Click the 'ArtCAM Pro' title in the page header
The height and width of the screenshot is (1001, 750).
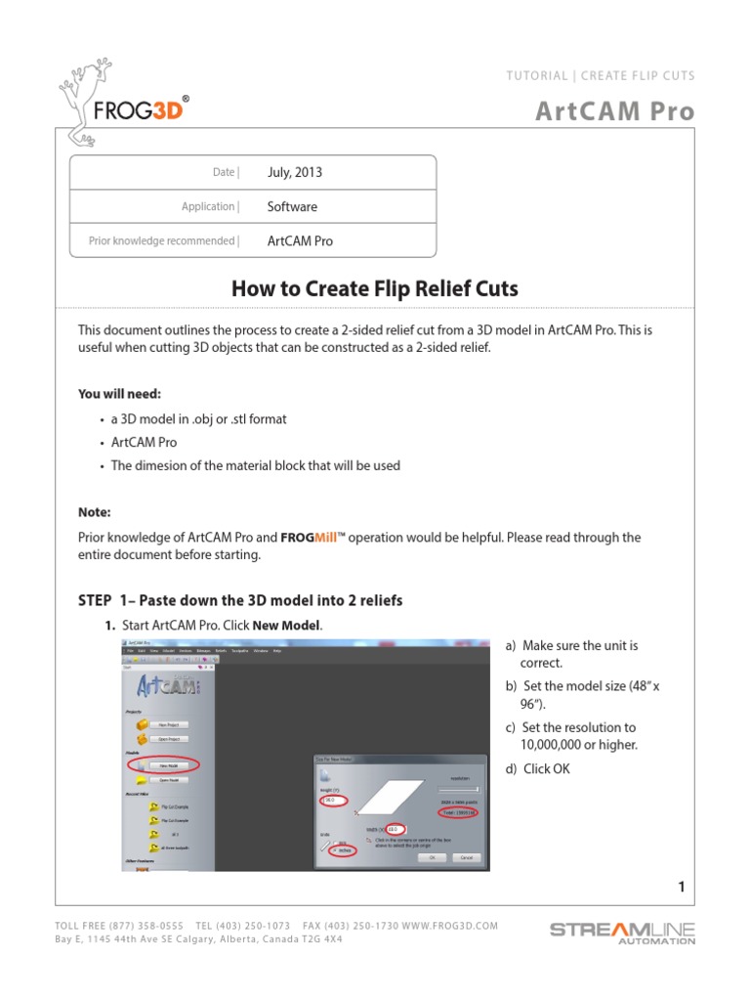615,111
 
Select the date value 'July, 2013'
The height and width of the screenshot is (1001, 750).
294,172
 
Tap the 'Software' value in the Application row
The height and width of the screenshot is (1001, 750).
292,206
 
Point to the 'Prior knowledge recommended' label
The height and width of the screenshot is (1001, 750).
161,240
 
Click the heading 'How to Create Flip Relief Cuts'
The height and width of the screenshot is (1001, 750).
374,288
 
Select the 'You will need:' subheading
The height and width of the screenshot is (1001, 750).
120,394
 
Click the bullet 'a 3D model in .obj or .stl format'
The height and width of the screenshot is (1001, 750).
198,418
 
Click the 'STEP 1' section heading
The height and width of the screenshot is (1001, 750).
239,599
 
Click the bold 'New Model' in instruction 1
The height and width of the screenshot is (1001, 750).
286,625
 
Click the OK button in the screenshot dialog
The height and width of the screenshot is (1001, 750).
429,857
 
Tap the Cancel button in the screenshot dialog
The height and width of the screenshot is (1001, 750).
465,857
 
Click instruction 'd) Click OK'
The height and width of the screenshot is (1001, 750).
537,768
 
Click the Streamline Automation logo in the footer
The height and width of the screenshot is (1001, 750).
622,932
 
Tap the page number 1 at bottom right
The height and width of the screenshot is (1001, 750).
681,887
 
